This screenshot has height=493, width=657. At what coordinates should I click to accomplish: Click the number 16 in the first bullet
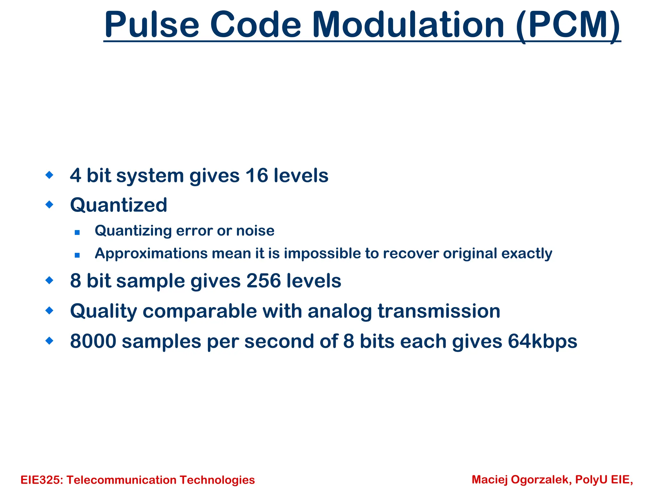tap(256, 176)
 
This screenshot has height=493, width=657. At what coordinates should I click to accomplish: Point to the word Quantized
tap(119, 205)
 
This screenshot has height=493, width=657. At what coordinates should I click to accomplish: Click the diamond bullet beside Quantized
tap(49, 204)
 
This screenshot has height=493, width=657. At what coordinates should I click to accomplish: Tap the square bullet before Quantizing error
tap(77, 232)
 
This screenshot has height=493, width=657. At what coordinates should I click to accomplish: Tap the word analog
tap(340, 311)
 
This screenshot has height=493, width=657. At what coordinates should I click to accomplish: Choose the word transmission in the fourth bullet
tap(439, 311)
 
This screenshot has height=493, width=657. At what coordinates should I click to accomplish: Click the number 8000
tap(93, 341)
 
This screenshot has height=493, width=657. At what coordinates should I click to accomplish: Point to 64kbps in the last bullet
tap(542, 341)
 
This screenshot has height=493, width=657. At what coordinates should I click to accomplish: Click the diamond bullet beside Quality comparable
tap(49, 310)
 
